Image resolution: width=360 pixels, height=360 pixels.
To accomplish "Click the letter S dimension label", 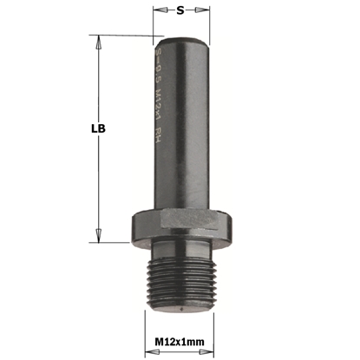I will point(180,12).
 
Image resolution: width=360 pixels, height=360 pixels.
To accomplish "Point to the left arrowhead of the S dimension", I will point(157,12).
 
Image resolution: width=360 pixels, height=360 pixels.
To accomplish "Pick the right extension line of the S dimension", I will point(206,23).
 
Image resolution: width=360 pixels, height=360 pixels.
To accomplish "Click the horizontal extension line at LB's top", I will point(121,36).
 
